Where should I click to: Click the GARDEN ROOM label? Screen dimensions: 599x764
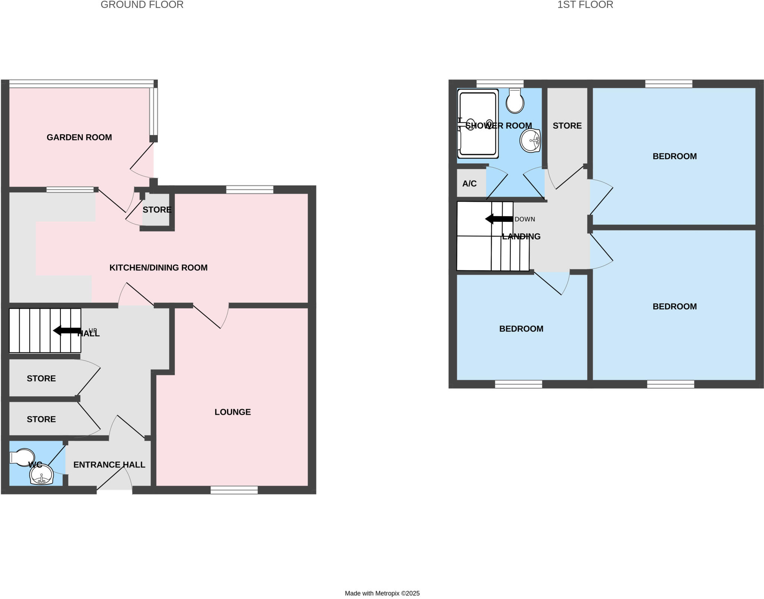(79, 137)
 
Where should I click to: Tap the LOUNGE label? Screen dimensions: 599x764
(232, 412)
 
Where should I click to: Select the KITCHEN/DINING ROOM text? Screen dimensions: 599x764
(158, 268)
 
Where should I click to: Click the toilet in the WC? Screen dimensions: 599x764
(22, 457)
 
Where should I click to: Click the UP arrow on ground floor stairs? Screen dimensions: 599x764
(66, 330)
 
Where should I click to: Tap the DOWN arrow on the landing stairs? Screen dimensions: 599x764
(498, 219)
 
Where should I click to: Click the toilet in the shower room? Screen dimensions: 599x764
(515, 101)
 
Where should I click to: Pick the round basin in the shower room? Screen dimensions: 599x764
(530, 140)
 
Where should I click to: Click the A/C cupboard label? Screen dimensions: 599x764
(469, 184)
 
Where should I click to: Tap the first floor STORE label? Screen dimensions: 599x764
(567, 126)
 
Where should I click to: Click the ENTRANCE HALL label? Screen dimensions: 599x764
(109, 465)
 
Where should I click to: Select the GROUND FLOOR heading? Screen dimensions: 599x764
(142, 5)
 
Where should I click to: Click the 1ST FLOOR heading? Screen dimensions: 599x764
(585, 5)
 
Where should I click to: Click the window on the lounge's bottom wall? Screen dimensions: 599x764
(234, 490)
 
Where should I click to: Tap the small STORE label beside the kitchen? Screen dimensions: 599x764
(157, 210)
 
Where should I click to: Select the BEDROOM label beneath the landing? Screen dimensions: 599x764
(521, 329)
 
